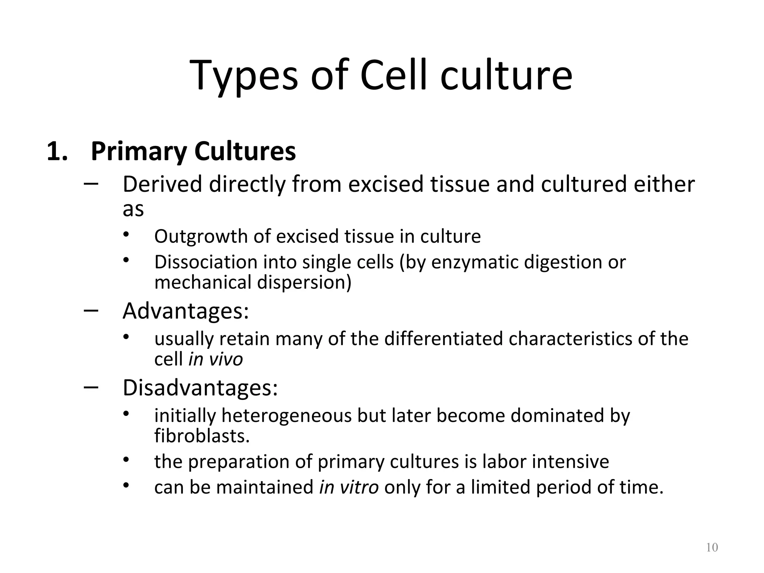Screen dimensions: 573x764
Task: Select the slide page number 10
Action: (x=712, y=548)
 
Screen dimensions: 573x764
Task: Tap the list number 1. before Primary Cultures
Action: (x=57, y=151)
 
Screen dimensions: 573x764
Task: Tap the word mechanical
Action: (x=203, y=282)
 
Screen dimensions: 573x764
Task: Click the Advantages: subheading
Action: (x=185, y=311)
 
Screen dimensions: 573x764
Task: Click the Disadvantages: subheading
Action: (x=200, y=388)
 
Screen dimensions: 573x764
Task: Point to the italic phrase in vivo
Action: (x=216, y=359)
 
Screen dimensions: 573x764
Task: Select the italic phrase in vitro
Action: (x=349, y=487)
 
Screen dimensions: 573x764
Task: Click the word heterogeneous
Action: (x=286, y=416)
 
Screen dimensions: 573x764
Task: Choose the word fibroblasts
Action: (x=202, y=436)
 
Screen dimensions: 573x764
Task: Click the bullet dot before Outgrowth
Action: (x=126, y=234)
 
